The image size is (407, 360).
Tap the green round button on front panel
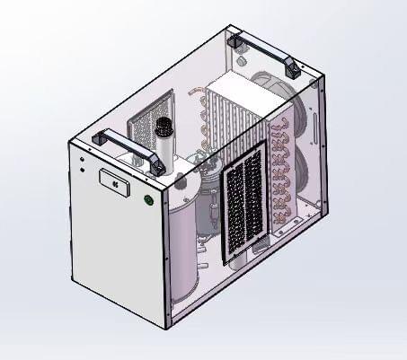pos(148,199)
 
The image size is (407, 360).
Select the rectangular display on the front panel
pos(115,180)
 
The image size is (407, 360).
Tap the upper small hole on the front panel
pos(83,162)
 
